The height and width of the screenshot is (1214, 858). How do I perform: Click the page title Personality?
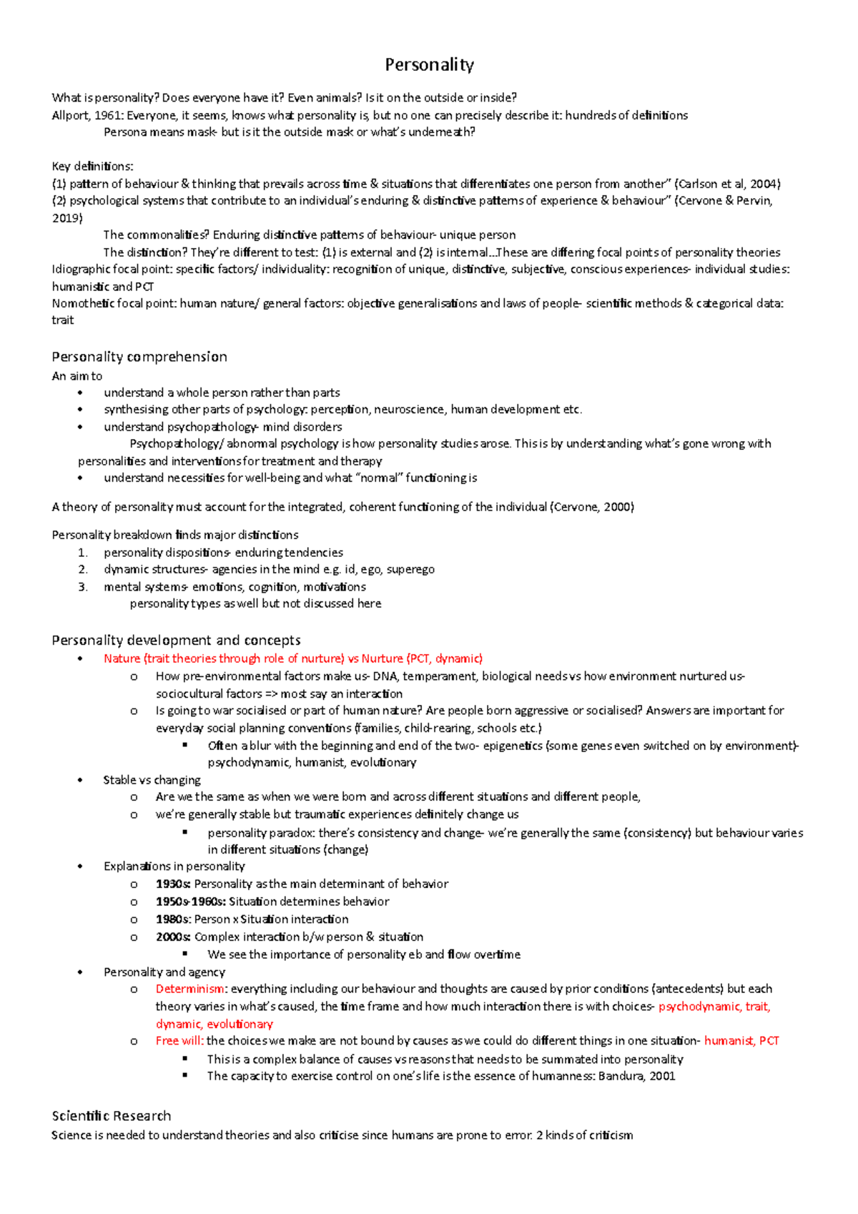tap(429, 65)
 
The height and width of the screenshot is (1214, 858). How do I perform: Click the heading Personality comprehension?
tap(139, 357)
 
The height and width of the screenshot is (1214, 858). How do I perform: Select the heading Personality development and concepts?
tap(176, 640)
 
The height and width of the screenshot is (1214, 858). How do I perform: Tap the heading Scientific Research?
tap(112, 1116)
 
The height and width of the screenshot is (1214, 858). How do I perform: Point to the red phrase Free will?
tap(179, 1041)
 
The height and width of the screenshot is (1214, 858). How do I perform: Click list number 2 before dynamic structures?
tap(83, 570)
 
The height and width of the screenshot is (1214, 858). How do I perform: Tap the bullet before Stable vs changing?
tap(80, 780)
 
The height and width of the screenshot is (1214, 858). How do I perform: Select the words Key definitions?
tap(92, 167)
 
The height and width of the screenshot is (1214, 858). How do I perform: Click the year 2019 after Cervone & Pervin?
tap(67, 218)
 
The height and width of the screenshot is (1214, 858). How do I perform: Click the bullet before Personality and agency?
tap(80, 972)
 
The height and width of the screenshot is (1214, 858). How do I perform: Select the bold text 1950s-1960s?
tap(190, 902)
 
